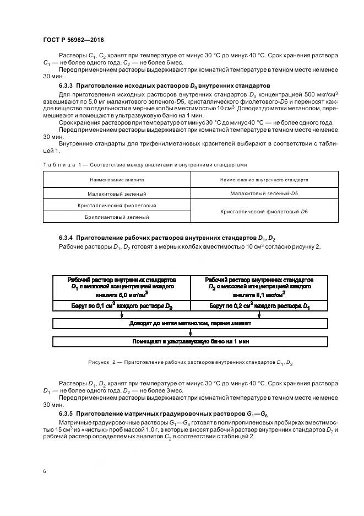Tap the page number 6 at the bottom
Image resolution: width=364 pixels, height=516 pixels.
click(x=44, y=472)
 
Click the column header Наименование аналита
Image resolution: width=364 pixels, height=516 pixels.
click(x=116, y=180)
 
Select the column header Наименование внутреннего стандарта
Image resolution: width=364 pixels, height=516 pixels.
click(x=264, y=180)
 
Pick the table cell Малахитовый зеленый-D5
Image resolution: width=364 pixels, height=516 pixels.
click(x=264, y=193)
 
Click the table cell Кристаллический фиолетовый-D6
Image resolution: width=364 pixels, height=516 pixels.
click(x=264, y=211)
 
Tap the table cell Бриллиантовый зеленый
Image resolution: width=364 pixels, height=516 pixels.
click(x=116, y=217)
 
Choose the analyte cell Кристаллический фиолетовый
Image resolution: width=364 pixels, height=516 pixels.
click(x=116, y=206)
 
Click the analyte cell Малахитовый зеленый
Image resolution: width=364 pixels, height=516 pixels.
click(x=116, y=194)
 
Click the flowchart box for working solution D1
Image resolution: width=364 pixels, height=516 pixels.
click(x=121, y=287)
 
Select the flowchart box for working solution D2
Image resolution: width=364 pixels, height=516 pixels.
click(x=259, y=287)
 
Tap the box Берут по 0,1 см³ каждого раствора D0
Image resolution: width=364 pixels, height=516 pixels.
click(x=121, y=305)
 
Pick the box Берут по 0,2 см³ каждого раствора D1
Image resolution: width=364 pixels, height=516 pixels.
click(x=259, y=305)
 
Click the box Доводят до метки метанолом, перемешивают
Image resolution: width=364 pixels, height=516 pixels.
click(x=190, y=324)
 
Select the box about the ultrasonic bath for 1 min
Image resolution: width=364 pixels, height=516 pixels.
click(x=190, y=342)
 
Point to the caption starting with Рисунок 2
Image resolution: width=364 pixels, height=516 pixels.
click(x=190, y=363)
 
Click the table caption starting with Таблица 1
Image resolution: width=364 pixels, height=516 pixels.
click(x=145, y=164)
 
